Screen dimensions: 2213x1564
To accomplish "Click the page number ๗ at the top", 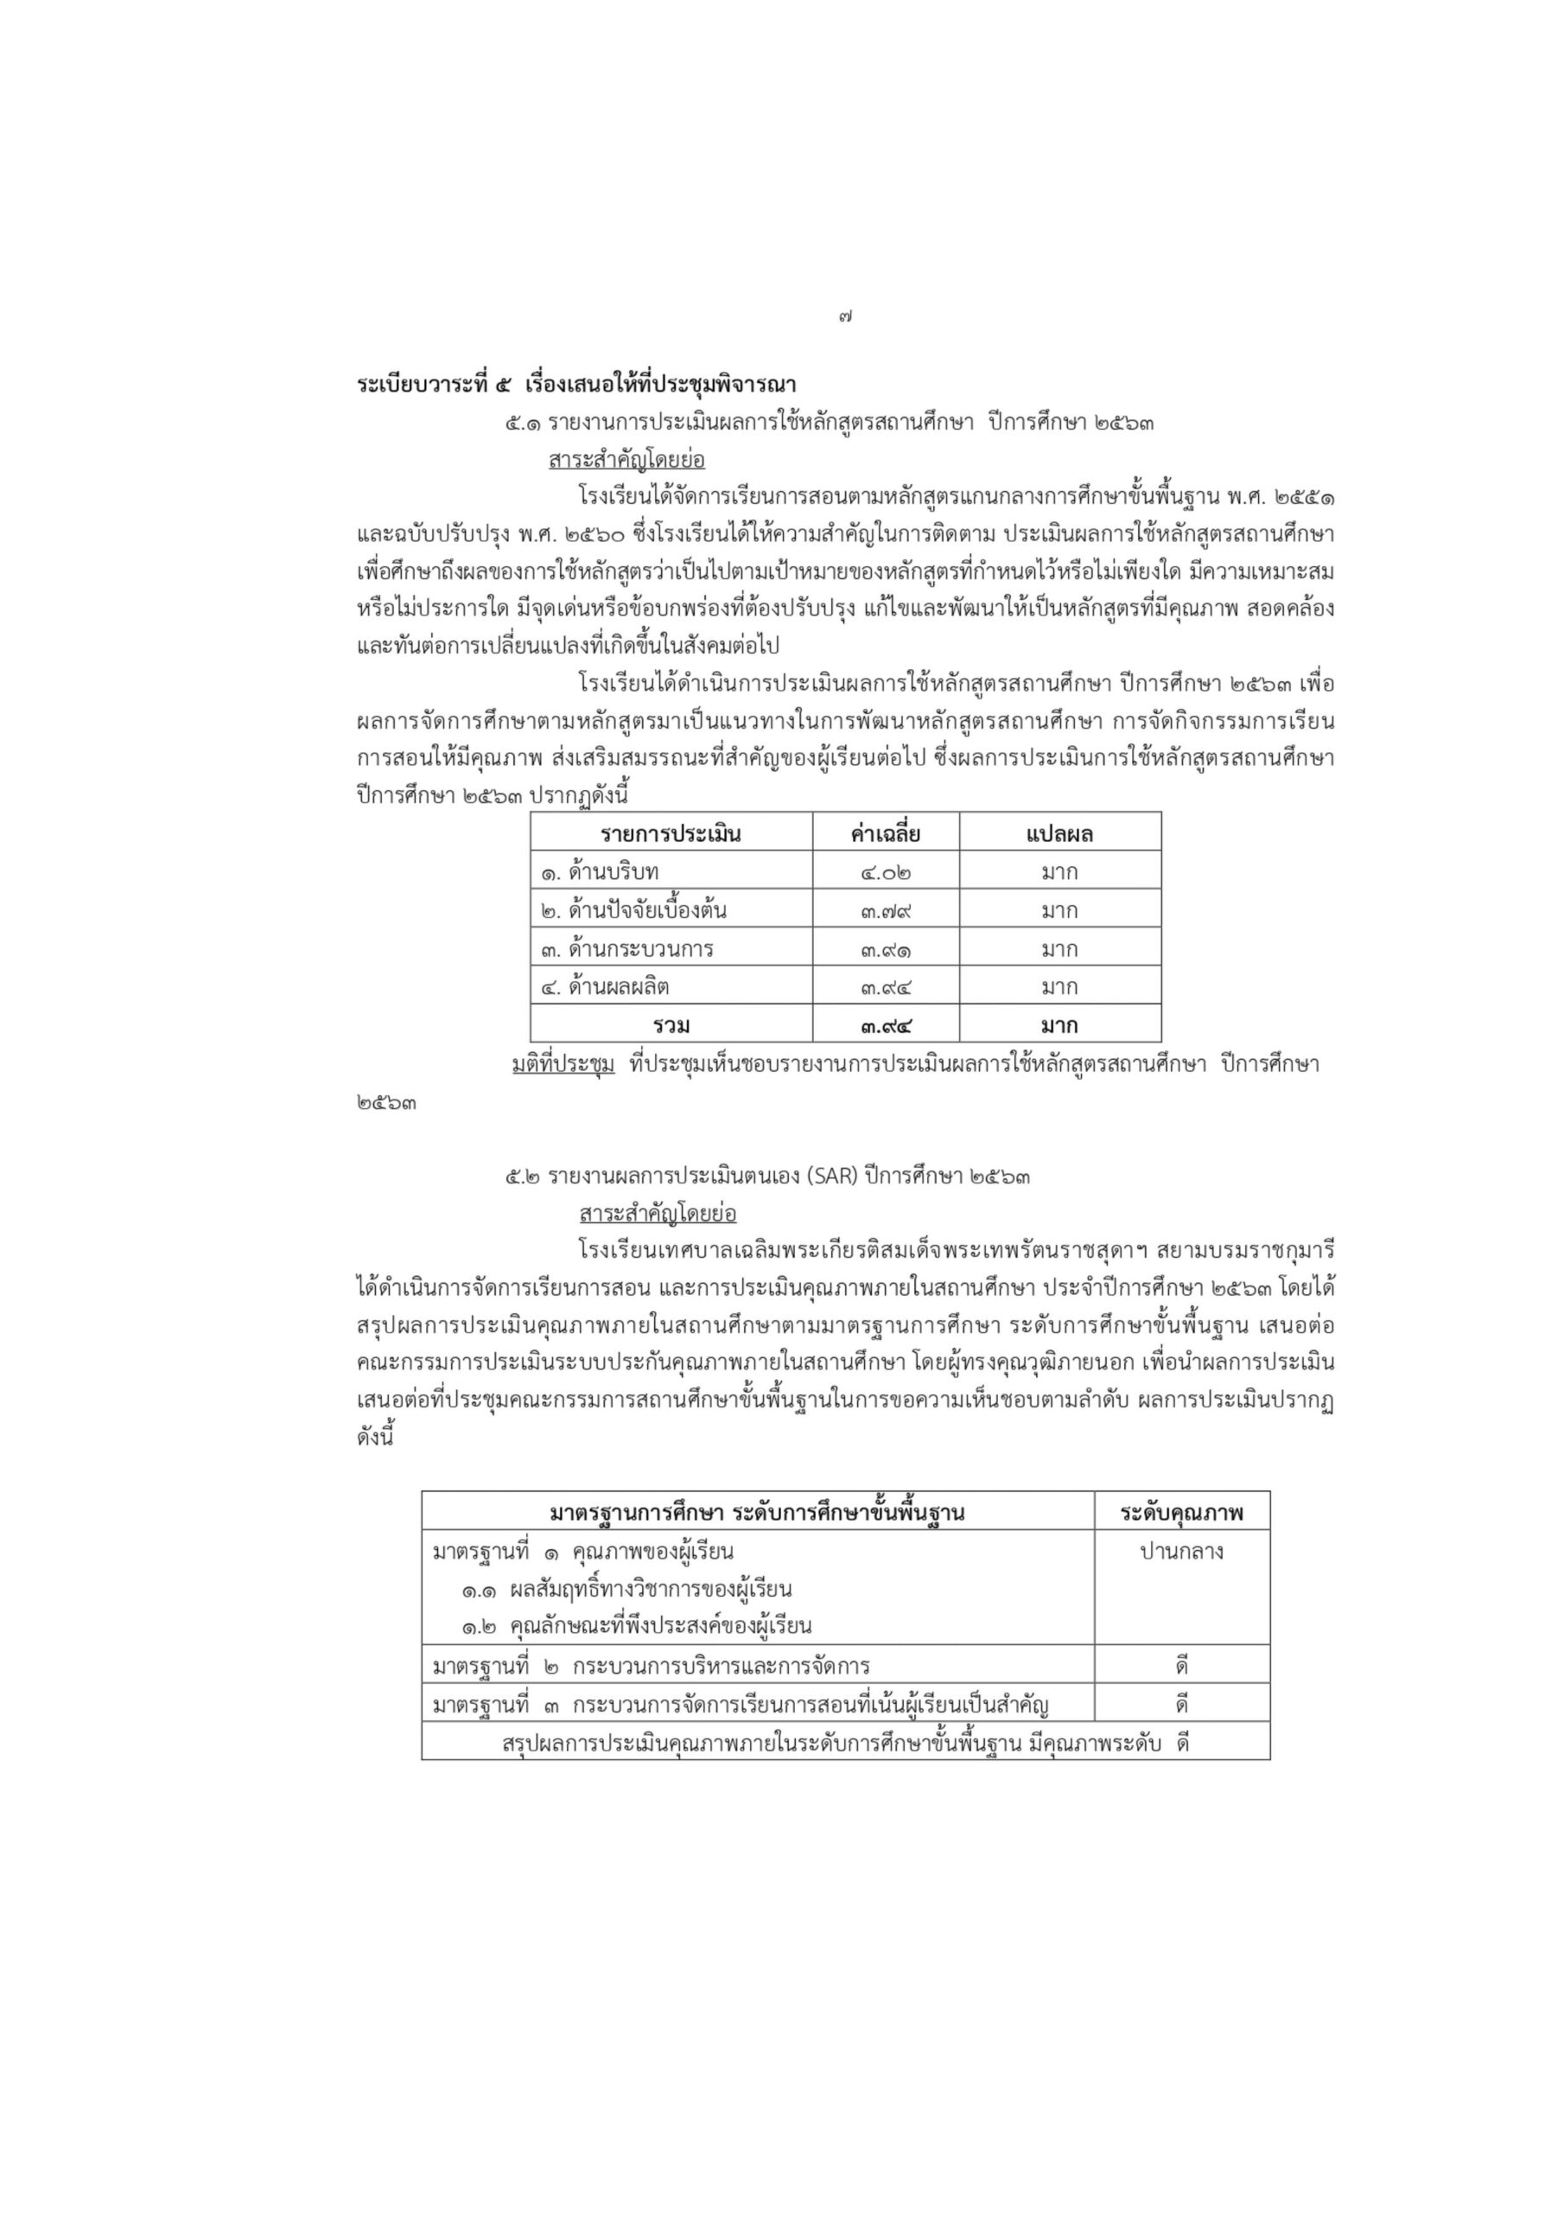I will click(845, 316).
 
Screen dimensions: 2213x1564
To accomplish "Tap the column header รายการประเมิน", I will click(671, 833).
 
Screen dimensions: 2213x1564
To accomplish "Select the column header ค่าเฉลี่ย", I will click(885, 833).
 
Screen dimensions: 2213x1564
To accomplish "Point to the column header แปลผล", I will click(1059, 833).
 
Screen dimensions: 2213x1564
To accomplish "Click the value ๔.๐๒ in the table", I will click(886, 872).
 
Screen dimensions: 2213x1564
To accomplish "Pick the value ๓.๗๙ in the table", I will click(886, 911).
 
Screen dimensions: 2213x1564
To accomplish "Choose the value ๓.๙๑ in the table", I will click(886, 949).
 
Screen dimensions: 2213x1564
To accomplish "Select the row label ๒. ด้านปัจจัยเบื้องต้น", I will click(633, 911).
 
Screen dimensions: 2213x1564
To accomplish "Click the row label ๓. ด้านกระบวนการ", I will click(626, 949).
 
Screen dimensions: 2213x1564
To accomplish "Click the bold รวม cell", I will click(671, 1025).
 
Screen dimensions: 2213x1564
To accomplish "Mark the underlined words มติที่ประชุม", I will click(563, 1065).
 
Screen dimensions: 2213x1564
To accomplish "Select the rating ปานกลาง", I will click(1181, 1552).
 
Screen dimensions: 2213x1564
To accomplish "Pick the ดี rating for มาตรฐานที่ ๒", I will click(1181, 1667).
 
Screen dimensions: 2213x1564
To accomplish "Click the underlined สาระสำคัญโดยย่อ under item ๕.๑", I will click(626, 460).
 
